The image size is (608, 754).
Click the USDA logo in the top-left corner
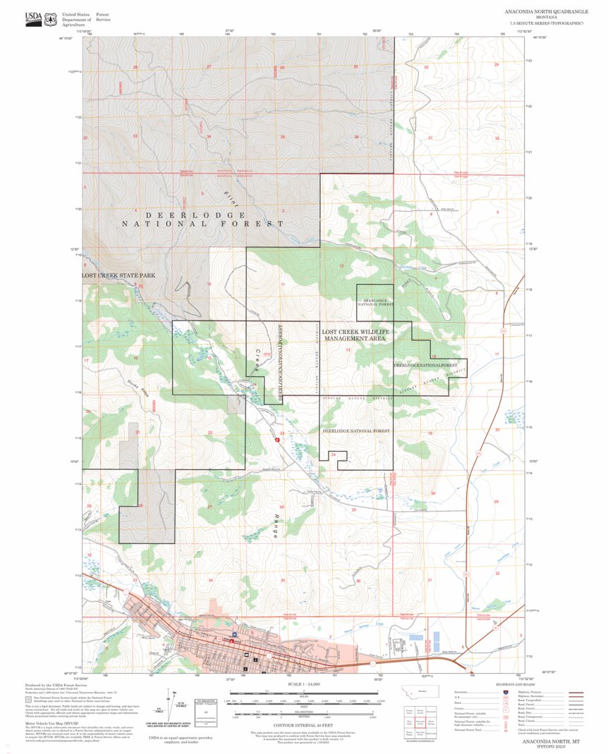33,19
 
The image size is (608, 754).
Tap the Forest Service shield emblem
50,20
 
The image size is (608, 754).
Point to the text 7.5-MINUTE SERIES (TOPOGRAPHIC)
547,24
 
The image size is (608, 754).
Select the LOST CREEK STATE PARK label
117,276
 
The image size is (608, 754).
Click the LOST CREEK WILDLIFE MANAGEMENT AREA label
355,335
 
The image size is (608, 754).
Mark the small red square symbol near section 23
277,439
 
